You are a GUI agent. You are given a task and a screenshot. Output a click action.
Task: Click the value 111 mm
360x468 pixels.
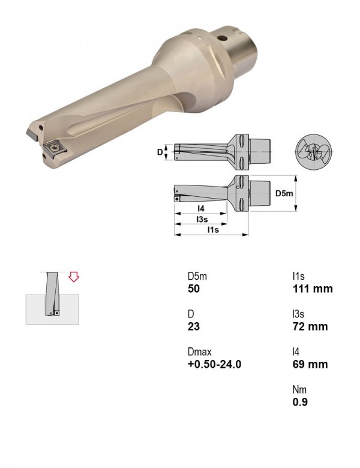(313, 289)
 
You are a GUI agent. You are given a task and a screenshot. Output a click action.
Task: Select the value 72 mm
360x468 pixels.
(310, 326)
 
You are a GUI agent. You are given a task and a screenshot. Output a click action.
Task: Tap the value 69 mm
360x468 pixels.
(310, 364)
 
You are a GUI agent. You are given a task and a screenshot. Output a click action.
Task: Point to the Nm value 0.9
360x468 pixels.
(300, 402)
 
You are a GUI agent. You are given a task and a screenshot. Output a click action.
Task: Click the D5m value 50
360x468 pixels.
(194, 289)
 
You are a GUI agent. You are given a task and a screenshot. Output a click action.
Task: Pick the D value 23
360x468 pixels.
(193, 326)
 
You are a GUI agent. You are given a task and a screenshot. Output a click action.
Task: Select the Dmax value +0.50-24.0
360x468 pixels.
(214, 364)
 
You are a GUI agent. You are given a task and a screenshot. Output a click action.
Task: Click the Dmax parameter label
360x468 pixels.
(199, 352)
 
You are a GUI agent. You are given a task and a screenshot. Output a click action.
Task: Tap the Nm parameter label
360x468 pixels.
(299, 389)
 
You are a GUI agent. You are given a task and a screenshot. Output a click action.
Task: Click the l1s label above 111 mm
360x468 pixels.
(299, 277)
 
